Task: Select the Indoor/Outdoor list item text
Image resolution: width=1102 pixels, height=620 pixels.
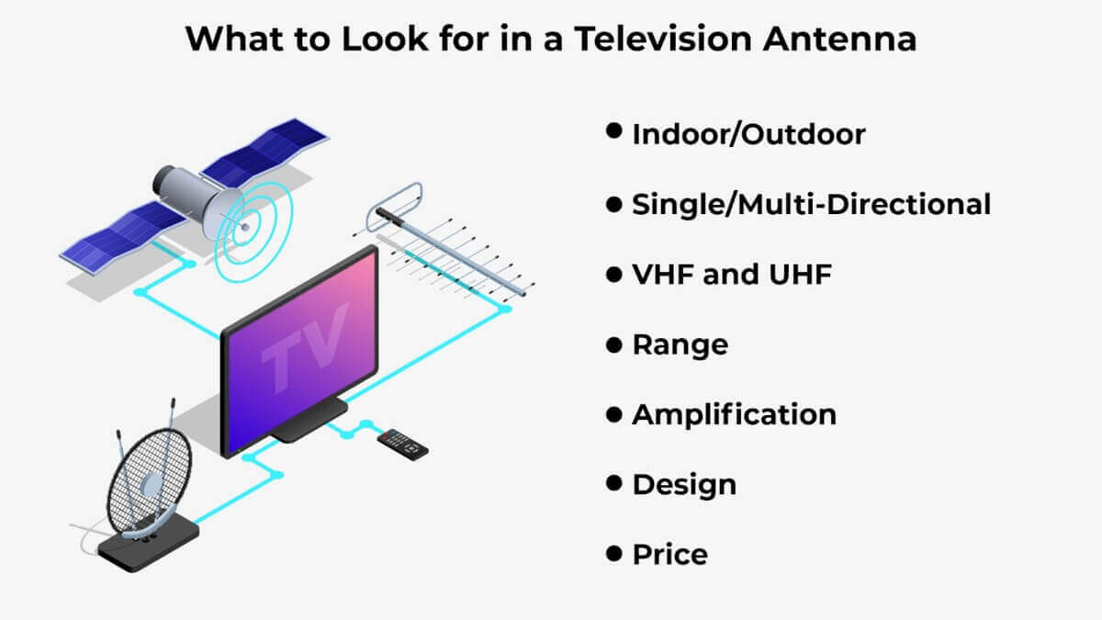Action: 748,134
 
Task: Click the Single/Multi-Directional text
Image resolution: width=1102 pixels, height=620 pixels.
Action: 811,204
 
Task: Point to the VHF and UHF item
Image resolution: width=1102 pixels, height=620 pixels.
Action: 732,274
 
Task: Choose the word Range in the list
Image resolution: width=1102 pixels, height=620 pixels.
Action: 680,344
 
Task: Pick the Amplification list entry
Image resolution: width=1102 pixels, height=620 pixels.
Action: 734,414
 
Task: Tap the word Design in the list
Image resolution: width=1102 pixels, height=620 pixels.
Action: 684,484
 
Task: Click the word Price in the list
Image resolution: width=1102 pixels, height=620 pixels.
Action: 669,555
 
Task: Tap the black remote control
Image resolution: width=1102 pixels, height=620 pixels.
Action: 404,444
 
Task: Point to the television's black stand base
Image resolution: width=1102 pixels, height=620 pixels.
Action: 308,424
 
